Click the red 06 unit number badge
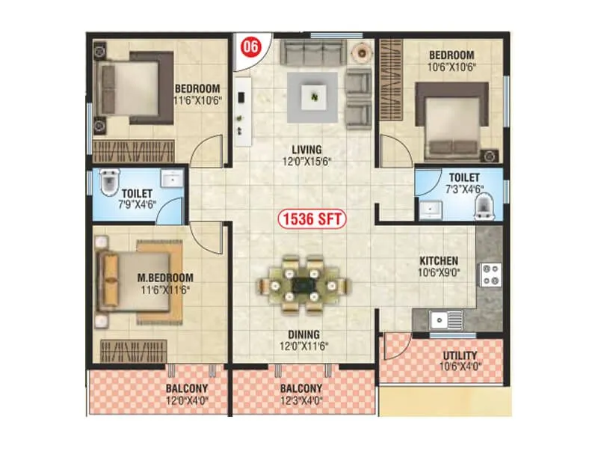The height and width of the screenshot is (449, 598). [x=251, y=46]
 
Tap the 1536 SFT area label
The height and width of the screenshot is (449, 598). [x=312, y=219]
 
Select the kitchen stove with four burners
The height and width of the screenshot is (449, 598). [x=491, y=275]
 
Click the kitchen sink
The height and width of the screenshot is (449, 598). [x=446, y=320]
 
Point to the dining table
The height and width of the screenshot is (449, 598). [x=303, y=284]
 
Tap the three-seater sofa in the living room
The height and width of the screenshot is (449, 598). [x=313, y=51]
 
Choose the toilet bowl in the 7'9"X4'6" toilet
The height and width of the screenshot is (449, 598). [x=109, y=183]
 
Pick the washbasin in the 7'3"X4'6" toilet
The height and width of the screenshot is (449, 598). [x=431, y=210]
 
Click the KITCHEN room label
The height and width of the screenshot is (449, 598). [x=439, y=261]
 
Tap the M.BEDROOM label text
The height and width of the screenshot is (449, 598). [x=165, y=278]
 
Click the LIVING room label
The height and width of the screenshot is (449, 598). [x=306, y=150]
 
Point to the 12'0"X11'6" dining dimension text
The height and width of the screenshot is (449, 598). [x=304, y=346]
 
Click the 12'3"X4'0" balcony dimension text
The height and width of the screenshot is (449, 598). [x=301, y=401]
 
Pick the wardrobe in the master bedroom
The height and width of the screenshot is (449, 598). [x=134, y=351]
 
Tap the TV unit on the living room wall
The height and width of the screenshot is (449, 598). [x=243, y=111]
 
